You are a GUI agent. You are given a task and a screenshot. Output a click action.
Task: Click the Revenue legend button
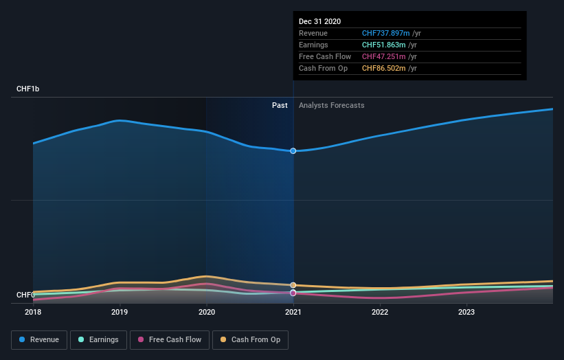pyautogui.click(x=39, y=339)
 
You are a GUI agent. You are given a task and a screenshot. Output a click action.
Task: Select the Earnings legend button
pyautogui.click(x=98, y=339)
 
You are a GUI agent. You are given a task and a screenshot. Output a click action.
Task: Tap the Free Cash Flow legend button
pyautogui.click(x=169, y=339)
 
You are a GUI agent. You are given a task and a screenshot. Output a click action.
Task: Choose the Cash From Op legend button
pyautogui.click(x=250, y=339)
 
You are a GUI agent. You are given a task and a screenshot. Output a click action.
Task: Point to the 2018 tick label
pyautogui.click(x=33, y=312)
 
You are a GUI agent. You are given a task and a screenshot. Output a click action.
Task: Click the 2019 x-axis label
pyautogui.click(x=120, y=312)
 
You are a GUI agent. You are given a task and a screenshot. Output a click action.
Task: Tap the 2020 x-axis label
pyautogui.click(x=207, y=312)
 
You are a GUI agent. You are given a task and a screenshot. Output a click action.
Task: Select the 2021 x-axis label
pyautogui.click(x=293, y=312)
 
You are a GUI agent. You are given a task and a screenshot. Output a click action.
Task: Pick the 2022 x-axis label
pyautogui.click(x=380, y=312)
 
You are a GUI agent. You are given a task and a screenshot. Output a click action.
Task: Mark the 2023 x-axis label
pyautogui.click(x=466, y=312)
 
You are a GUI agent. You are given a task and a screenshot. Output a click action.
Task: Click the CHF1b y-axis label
pyautogui.click(x=28, y=89)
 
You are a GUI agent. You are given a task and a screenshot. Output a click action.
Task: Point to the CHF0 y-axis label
pyautogui.click(x=25, y=295)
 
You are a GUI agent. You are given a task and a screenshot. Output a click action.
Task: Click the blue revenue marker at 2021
pyautogui.click(x=293, y=150)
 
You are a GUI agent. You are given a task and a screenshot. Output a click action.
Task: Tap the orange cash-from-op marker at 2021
pyautogui.click(x=293, y=284)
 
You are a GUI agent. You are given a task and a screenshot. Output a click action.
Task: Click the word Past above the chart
pyautogui.click(x=280, y=105)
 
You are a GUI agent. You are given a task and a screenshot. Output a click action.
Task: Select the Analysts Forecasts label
pyautogui.click(x=331, y=105)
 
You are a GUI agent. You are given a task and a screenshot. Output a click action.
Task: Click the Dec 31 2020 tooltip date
pyautogui.click(x=319, y=22)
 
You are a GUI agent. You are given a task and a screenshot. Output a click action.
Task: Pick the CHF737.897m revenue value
pyautogui.click(x=386, y=33)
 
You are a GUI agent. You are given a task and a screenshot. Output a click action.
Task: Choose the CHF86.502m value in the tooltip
pyautogui.click(x=384, y=68)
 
